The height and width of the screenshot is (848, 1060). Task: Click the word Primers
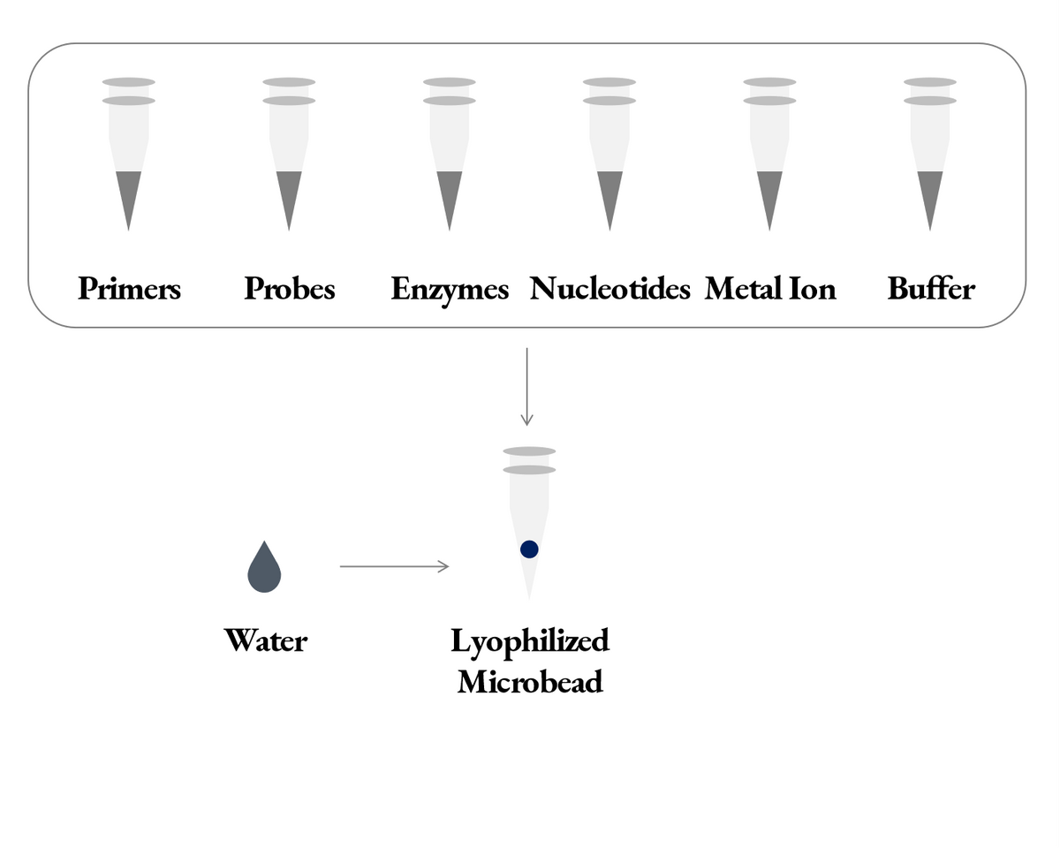(x=129, y=289)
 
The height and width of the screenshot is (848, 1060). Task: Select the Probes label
(x=290, y=289)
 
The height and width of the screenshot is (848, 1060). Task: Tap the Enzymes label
(x=450, y=289)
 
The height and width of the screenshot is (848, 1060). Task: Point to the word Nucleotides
(x=609, y=289)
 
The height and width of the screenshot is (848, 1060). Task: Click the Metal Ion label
(x=770, y=289)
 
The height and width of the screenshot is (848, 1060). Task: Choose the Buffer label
(x=931, y=289)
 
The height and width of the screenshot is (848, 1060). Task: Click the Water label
(x=266, y=640)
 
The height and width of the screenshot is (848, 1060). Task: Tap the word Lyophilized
(x=530, y=641)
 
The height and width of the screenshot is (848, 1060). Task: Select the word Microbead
(x=530, y=682)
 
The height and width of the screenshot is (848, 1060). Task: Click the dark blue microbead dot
(x=529, y=549)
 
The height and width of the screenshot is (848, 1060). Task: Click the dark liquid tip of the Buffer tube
(x=929, y=194)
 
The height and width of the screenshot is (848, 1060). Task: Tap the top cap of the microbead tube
(x=529, y=451)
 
